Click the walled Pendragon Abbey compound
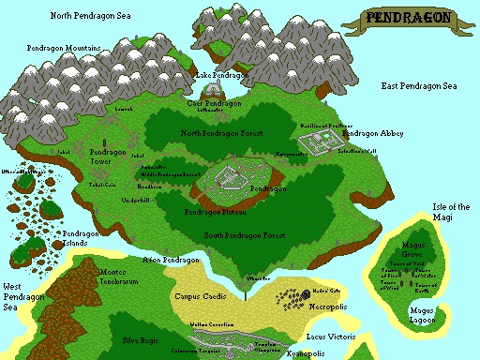[321, 142]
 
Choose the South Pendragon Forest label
[247, 234]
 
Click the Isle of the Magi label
[451, 211]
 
